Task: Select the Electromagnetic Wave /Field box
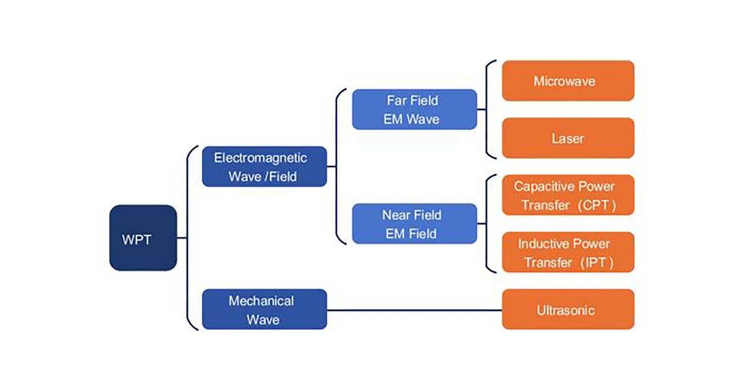[264, 166]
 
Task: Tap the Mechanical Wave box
[264, 310]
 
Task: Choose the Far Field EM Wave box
[414, 109]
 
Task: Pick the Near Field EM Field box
[414, 223]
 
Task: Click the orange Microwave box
[568, 81]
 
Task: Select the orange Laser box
[568, 138]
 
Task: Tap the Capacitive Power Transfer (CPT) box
[568, 195]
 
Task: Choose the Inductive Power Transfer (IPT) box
[568, 252]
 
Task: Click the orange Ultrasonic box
[568, 309]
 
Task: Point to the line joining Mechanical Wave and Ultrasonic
[414, 310]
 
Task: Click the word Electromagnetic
[260, 157]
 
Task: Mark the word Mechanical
[261, 301]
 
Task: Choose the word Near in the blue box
[395, 215]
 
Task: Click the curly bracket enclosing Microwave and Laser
[488, 109]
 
